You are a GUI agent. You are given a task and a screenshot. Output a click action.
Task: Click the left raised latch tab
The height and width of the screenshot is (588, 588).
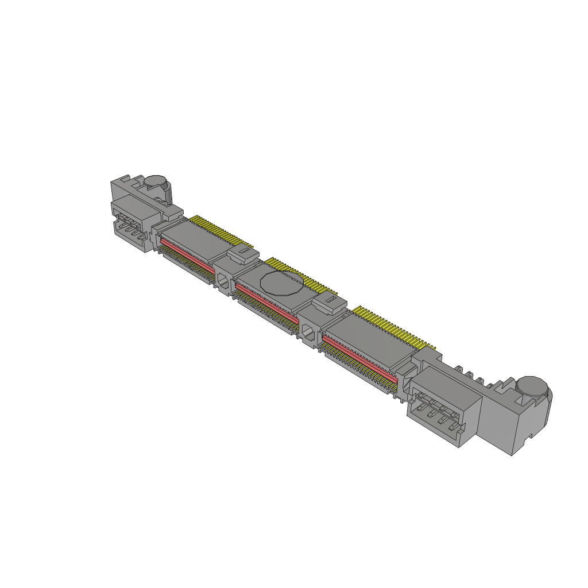241,253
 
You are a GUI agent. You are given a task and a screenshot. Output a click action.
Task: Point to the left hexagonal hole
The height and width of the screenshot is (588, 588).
222,280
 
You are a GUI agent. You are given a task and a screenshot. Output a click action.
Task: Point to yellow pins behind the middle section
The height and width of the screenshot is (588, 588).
304,276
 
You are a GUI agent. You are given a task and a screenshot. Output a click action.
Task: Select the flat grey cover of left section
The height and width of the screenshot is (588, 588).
192,235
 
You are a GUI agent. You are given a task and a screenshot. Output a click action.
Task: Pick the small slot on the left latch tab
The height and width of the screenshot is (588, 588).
245,250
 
